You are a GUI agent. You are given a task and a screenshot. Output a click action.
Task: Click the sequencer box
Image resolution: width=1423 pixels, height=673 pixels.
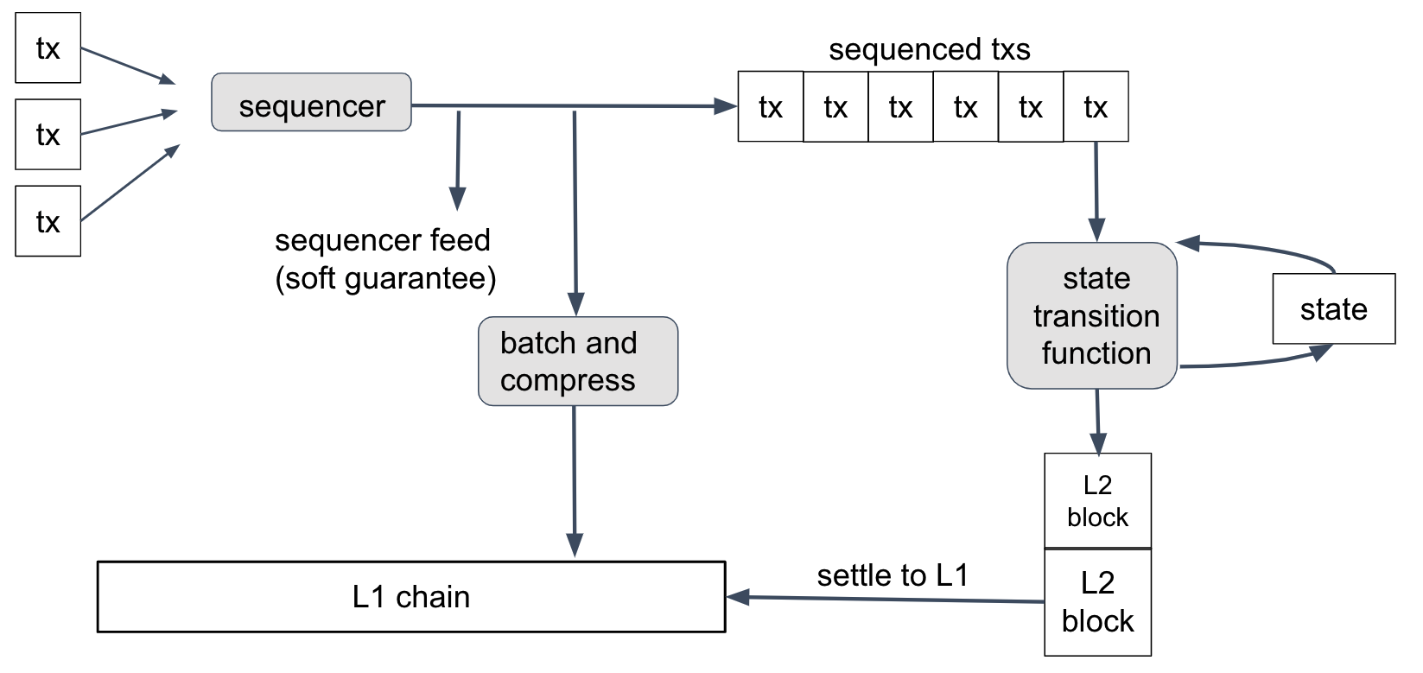pyautogui.click(x=311, y=103)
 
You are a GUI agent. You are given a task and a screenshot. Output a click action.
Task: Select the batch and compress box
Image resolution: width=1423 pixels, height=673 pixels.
pyautogui.click(x=577, y=361)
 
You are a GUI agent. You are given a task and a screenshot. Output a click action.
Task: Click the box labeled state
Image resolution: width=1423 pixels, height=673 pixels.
pyautogui.click(x=1333, y=309)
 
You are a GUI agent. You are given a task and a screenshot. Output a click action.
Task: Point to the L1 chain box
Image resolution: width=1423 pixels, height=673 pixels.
pyautogui.click(x=411, y=597)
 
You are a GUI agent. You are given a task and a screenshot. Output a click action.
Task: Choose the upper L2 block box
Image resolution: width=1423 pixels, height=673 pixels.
pyautogui.click(x=1097, y=501)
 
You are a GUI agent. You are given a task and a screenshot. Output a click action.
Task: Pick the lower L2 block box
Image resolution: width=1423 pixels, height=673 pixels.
pyautogui.click(x=1097, y=602)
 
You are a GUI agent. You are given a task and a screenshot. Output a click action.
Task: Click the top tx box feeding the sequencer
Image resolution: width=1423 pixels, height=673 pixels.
pyautogui.click(x=48, y=48)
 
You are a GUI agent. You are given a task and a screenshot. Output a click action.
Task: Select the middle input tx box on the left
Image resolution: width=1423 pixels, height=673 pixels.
pyautogui.click(x=48, y=135)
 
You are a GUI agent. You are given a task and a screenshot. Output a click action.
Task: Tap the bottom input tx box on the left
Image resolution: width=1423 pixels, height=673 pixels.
pyautogui.click(x=48, y=221)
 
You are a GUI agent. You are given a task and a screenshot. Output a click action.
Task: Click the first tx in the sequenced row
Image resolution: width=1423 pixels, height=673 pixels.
pyautogui.click(x=771, y=107)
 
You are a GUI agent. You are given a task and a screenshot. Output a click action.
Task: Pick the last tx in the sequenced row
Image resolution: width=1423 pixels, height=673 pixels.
pyautogui.click(x=1096, y=107)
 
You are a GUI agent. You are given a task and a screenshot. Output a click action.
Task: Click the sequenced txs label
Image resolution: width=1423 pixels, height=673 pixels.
pyautogui.click(x=929, y=49)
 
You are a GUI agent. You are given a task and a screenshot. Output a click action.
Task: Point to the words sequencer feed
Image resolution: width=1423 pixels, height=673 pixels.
pyautogui.click(x=382, y=240)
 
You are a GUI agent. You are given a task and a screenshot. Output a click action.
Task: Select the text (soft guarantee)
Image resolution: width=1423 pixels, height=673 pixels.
pyautogui.click(x=385, y=278)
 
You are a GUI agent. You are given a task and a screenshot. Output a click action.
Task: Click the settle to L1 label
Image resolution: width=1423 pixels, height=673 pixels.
pyautogui.click(x=893, y=575)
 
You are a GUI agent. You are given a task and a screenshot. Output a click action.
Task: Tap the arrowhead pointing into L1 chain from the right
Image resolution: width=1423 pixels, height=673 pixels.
pyautogui.click(x=737, y=597)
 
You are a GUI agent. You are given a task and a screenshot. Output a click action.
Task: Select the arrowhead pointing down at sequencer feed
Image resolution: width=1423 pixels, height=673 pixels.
pyautogui.click(x=458, y=200)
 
